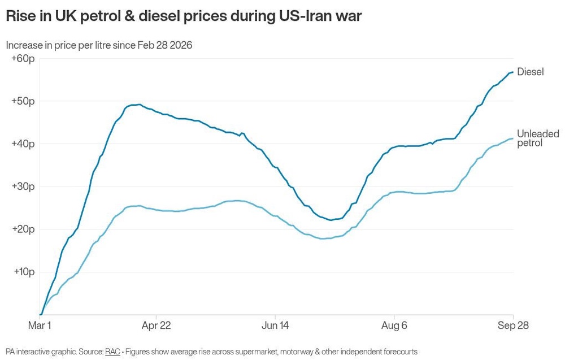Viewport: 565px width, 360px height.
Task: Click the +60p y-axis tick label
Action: [x=23, y=58]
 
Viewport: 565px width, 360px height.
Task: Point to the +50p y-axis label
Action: [x=23, y=101]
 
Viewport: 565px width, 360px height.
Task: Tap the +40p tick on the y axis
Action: [x=23, y=144]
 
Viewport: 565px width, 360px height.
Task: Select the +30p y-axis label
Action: [x=23, y=186]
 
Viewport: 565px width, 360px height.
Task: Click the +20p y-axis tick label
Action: [x=23, y=229]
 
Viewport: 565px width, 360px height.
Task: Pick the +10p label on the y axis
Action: [x=24, y=272]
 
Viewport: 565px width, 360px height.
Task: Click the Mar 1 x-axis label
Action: [x=40, y=326]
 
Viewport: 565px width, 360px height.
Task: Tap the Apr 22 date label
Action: [x=156, y=326]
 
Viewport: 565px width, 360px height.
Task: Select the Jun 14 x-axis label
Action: [x=275, y=326]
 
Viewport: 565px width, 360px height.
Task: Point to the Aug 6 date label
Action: [x=394, y=326]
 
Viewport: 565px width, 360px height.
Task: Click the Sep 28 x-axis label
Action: [x=513, y=326]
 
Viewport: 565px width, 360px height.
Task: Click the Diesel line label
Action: [x=531, y=72]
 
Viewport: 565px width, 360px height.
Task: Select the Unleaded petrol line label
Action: [x=538, y=138]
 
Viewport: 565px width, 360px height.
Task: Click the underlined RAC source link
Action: [x=112, y=352]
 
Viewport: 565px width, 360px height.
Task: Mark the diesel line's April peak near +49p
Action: [x=140, y=105]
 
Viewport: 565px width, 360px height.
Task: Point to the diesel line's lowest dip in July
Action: [x=331, y=220]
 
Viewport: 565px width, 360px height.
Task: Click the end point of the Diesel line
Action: [x=512, y=72]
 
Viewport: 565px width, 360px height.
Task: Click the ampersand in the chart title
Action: [x=131, y=16]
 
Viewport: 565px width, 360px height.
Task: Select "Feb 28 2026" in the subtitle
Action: [x=165, y=45]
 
